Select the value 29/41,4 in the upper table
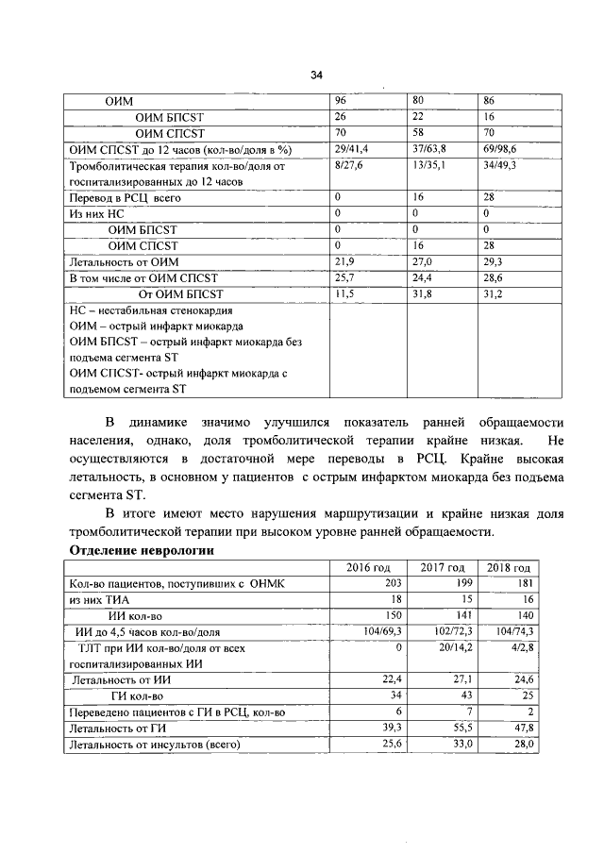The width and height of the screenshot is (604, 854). point(351,150)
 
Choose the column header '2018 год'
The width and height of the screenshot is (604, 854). point(508,568)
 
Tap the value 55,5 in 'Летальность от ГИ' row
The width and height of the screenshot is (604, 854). point(459,728)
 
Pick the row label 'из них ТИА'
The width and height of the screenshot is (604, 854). point(99,600)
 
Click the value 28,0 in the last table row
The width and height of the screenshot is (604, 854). point(525,745)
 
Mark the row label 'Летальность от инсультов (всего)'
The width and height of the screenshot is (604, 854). point(151,745)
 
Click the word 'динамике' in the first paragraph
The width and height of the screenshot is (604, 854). point(162,422)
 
